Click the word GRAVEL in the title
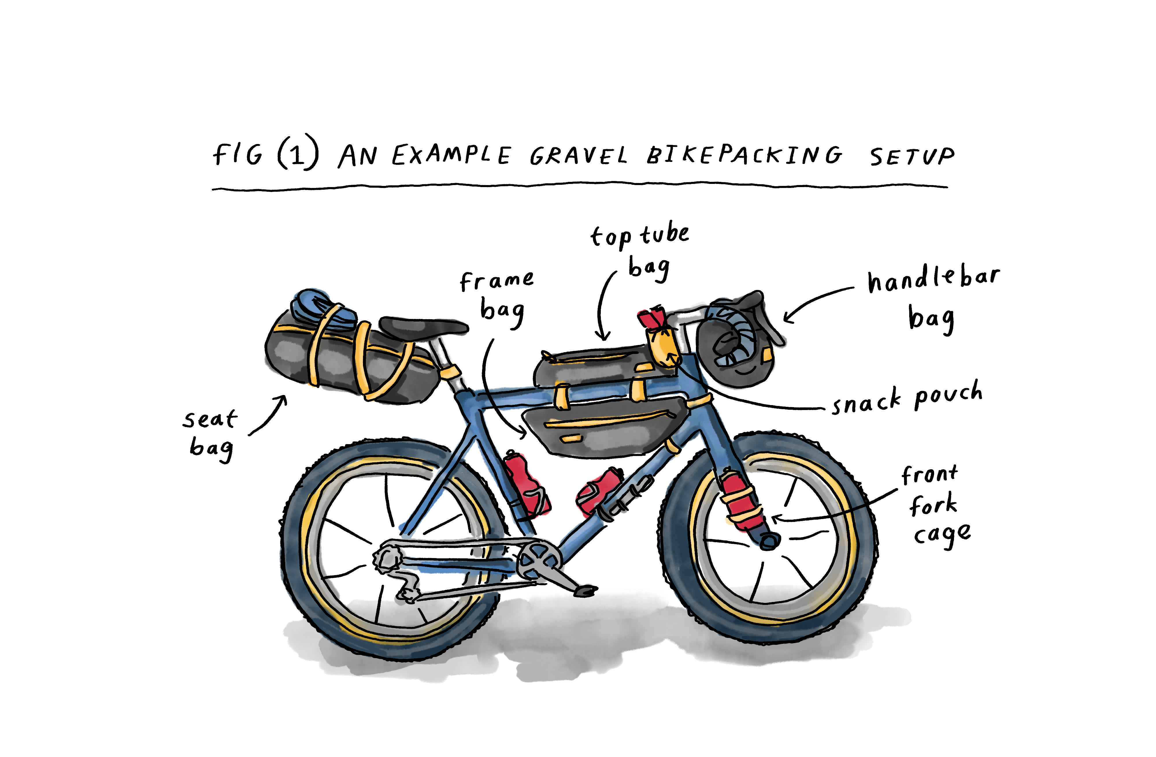click(x=578, y=156)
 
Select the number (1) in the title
click(x=298, y=154)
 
